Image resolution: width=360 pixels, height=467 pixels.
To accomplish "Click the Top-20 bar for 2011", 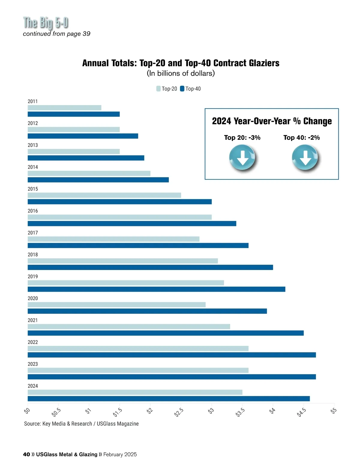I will point(64,108).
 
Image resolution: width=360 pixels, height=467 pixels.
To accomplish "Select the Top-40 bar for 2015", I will point(120,202).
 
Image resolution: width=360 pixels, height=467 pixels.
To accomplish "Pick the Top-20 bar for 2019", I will point(126,283).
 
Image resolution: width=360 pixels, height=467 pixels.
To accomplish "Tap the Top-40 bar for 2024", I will point(169,399).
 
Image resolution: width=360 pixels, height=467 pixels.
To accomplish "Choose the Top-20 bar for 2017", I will point(113,239).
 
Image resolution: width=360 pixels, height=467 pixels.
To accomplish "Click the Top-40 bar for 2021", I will point(166,333).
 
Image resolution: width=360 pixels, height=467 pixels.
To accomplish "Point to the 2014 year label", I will point(33,167).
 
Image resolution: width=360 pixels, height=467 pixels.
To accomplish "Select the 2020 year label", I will point(33,298).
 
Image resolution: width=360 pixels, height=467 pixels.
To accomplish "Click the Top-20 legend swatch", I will point(158,89).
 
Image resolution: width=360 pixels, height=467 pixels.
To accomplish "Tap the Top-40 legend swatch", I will point(182,89).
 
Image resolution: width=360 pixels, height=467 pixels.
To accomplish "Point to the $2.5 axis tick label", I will point(179,412).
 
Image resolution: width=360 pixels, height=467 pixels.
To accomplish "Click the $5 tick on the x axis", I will point(334,410).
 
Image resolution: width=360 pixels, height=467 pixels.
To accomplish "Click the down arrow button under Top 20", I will point(242,157).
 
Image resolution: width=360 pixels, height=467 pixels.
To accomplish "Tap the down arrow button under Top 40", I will point(305,157).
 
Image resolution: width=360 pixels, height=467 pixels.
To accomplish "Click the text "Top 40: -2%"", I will point(301,138).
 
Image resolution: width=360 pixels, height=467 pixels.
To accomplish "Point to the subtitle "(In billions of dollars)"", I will point(181,73).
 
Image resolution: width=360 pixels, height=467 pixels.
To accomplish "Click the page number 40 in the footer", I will point(26,454).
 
